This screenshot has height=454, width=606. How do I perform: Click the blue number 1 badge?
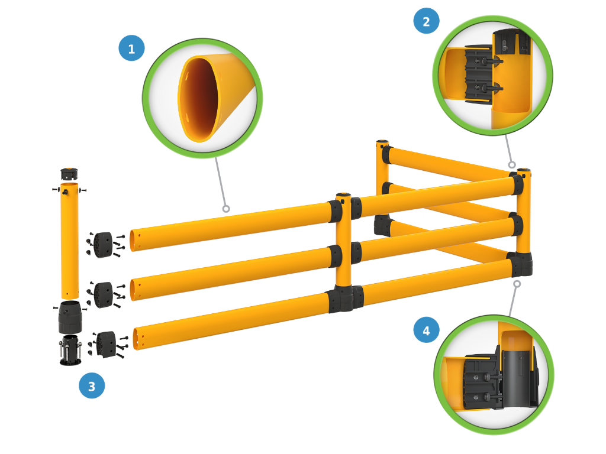tap(131, 48)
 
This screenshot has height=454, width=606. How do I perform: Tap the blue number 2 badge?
tap(426, 21)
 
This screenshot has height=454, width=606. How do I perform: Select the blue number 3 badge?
tap(92, 385)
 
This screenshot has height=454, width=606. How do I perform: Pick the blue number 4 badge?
tap(426, 330)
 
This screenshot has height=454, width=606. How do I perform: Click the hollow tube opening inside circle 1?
tap(199, 99)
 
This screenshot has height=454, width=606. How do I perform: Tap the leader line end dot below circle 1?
tap(225, 209)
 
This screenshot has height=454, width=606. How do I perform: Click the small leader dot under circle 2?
tap(512, 165)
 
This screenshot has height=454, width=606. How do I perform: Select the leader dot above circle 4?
tap(517, 284)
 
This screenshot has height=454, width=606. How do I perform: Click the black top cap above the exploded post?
tap(69, 174)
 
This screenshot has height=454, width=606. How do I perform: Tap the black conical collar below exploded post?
tap(70, 317)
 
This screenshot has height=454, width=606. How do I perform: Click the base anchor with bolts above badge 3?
tap(70, 350)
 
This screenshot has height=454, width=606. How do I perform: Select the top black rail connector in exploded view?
tap(103, 244)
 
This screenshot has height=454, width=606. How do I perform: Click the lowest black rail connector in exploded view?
tap(106, 344)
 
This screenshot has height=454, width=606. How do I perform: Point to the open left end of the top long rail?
tap(133, 240)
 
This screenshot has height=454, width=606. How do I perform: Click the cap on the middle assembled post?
tap(343, 196)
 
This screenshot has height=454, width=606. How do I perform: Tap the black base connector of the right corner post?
tap(520, 264)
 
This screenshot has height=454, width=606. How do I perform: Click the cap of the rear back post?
tap(382, 142)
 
